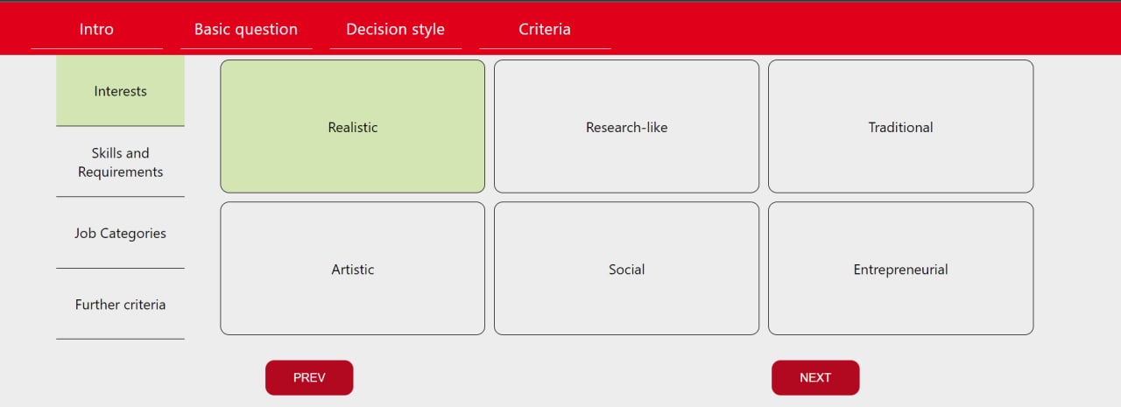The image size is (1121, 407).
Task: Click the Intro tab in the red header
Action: [96, 29]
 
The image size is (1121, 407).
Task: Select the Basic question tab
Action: [246, 29]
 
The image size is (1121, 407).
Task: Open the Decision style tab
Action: [395, 29]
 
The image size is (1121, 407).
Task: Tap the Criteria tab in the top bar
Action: [545, 29]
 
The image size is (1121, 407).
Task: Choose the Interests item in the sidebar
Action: [120, 90]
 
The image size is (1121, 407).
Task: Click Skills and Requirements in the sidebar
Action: [120, 162]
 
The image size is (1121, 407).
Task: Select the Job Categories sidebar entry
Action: [120, 233]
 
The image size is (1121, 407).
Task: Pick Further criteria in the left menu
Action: [120, 305]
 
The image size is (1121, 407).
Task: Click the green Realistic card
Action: [352, 127]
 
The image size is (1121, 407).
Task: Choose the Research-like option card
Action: [626, 127]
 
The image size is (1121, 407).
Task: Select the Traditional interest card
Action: [901, 127]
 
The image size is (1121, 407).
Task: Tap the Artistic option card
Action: [352, 269]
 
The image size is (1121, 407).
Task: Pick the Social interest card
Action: [626, 269]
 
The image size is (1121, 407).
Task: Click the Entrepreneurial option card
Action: [901, 269]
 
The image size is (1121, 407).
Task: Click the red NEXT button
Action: [815, 377]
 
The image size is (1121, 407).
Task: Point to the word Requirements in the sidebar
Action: [120, 172]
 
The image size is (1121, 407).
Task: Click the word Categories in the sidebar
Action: [132, 234]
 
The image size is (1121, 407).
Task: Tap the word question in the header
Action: [267, 30]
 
